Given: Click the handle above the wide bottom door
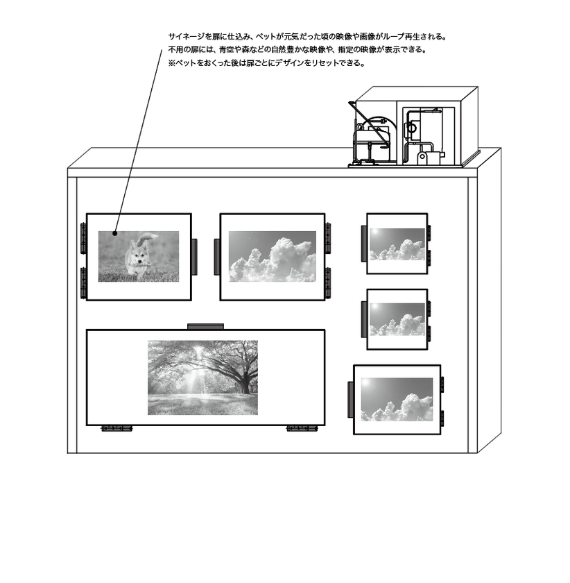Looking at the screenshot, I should pos(206,326).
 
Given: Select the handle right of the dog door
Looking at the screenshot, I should pos(194,256).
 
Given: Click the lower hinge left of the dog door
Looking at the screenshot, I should pos(83,282).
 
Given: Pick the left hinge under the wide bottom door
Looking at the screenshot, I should pos(116,429).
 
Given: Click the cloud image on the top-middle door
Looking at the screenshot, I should pos(273,256).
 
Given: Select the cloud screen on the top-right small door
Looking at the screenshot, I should pos(397,244).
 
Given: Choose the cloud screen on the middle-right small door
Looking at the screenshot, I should pos(397,319).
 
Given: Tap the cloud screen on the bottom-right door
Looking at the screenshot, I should pos(396,400).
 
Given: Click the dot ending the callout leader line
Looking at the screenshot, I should pos(116,233).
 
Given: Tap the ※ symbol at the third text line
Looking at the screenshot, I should pos(171,63).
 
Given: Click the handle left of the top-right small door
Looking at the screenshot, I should pos(363,244).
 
